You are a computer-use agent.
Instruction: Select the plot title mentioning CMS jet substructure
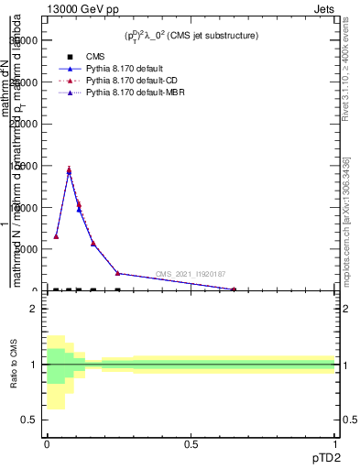[191, 36]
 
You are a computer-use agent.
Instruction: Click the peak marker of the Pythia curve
[69, 170]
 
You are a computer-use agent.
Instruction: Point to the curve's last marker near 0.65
[233, 289]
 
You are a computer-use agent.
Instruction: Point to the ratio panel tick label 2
[33, 309]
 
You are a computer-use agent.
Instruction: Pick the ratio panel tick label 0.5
[29, 420]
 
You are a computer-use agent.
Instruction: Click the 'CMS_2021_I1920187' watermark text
[190, 274]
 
